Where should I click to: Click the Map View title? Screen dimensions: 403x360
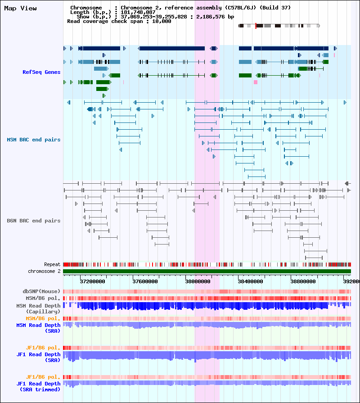(20, 9)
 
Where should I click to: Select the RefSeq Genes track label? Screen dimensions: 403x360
(41, 72)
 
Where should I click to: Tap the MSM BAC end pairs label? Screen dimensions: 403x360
(33, 140)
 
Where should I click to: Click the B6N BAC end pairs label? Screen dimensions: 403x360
(33, 221)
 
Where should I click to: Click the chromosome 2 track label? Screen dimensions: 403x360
(44, 272)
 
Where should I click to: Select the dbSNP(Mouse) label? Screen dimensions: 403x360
(41, 291)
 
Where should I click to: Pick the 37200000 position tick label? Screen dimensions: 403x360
(92, 281)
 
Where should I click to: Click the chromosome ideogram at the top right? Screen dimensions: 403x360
(279, 26)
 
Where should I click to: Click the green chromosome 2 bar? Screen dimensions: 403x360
(207, 272)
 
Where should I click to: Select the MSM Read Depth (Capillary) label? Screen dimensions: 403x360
(38, 308)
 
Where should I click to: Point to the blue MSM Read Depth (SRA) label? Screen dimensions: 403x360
(38, 328)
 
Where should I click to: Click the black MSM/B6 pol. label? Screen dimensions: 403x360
(43, 298)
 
